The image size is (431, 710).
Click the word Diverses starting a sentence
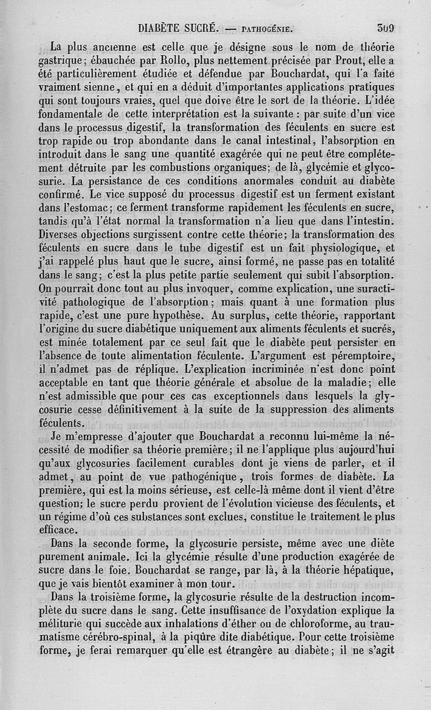(64, 235)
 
